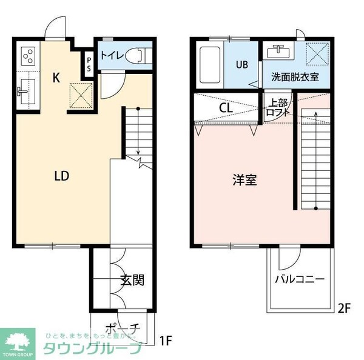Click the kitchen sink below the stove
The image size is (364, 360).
click(x=27, y=91)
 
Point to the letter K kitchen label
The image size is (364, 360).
click(x=56, y=78)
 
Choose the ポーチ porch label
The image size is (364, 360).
click(x=123, y=328)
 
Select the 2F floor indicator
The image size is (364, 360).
click(x=345, y=307)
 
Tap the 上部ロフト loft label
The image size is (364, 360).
click(x=278, y=108)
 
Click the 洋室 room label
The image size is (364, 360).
click(x=244, y=180)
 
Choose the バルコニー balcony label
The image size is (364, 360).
click(x=299, y=279)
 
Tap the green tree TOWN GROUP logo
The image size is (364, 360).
click(x=18, y=342)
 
